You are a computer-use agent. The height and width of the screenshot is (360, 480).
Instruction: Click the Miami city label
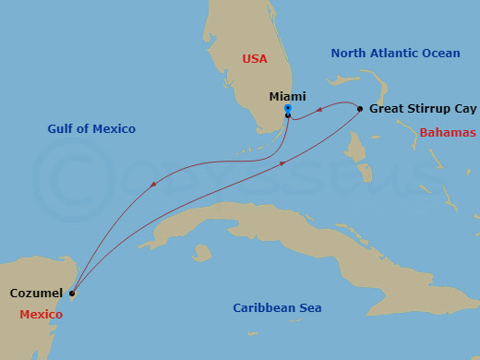tap(287, 96)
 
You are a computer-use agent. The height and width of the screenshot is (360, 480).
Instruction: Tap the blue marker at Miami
tap(288, 109)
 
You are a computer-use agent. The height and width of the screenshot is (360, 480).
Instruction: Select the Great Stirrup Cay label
tap(422, 108)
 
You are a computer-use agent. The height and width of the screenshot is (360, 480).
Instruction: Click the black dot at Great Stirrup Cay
tap(360, 109)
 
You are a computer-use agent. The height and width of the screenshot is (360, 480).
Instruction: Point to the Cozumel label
tap(37, 293)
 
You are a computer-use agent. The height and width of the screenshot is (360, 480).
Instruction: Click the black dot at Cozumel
tap(72, 294)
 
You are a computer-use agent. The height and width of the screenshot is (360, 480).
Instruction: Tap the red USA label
tap(255, 58)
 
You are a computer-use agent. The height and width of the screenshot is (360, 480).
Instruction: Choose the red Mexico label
tap(42, 315)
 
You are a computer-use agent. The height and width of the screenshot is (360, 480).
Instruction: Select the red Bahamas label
tap(448, 133)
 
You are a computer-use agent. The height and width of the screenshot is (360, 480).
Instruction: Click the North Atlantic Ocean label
tap(395, 54)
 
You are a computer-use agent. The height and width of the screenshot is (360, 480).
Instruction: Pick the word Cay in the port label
tap(463, 108)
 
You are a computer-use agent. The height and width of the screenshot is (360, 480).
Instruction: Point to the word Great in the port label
tap(386, 108)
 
